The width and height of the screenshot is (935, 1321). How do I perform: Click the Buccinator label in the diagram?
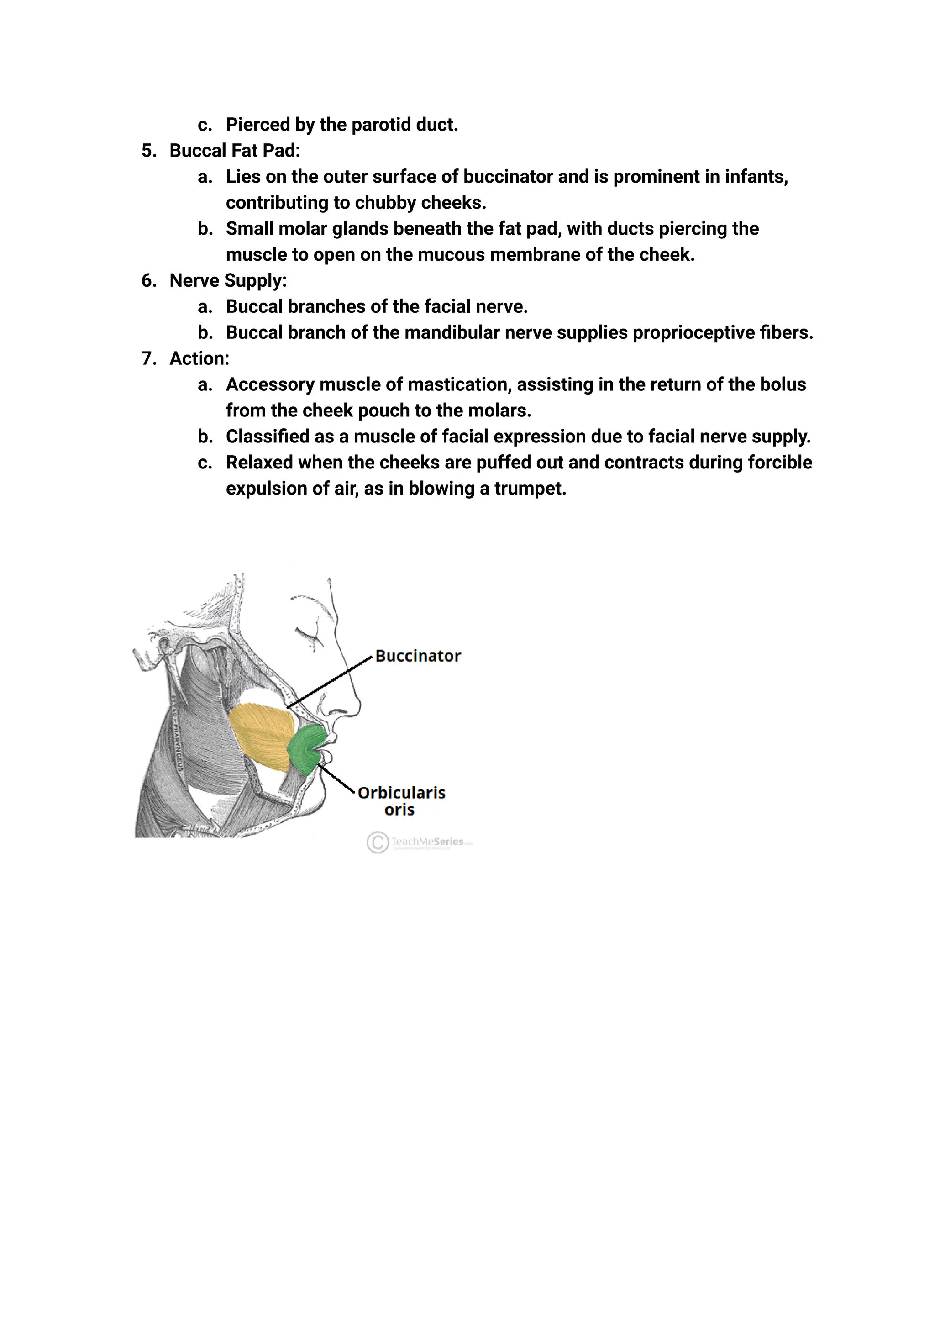(418, 656)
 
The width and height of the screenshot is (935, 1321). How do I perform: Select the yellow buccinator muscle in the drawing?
(262, 734)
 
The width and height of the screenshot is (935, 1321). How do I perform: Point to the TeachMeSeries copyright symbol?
(377, 842)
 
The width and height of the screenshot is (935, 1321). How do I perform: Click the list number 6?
(148, 280)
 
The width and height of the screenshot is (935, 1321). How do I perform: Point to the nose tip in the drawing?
(358, 708)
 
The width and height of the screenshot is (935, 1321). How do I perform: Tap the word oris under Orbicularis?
(399, 810)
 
